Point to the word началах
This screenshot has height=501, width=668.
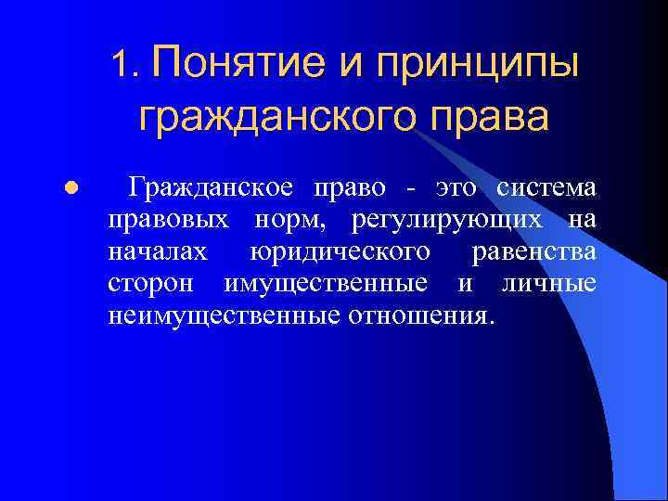pos(157,251)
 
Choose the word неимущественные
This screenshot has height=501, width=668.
pos(224,315)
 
